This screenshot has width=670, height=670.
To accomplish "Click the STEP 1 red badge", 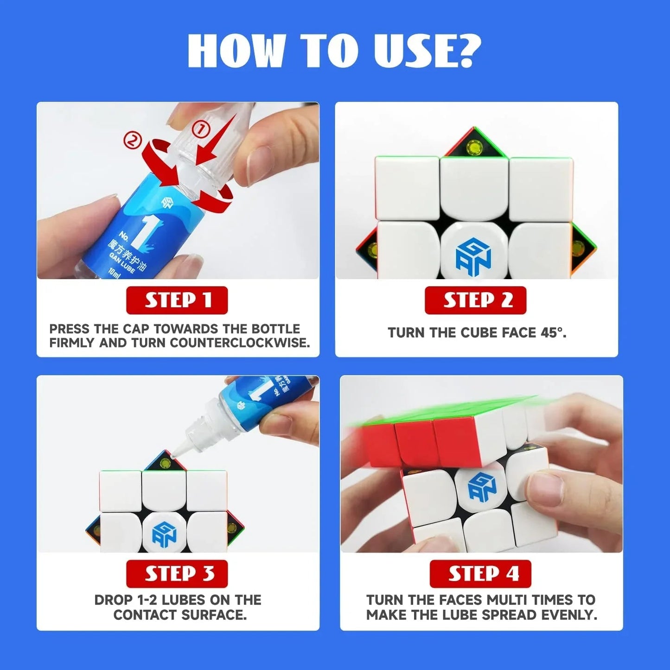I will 177,300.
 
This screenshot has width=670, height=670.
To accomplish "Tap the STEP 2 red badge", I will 475,300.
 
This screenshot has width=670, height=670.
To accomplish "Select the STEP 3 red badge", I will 177,574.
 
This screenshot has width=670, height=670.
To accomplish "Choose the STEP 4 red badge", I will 480,574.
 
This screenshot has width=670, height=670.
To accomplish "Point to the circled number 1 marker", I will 201,130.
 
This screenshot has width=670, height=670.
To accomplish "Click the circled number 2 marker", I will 132,140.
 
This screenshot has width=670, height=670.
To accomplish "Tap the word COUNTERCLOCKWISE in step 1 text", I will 239,343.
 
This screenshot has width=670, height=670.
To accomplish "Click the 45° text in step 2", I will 553,333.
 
